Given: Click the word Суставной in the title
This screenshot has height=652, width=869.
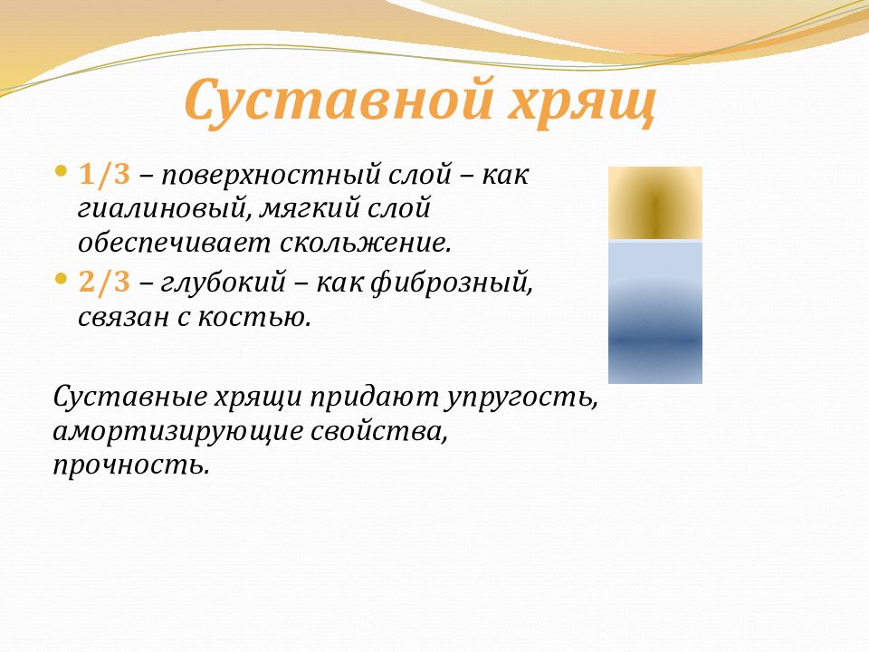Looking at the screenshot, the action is [339, 100].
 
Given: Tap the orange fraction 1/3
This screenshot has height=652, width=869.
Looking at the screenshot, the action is [105, 175].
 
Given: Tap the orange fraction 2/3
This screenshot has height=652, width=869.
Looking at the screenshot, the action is [105, 283].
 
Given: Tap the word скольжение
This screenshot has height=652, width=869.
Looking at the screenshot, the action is [365, 244].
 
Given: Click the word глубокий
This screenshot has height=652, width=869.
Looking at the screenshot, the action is [224, 283].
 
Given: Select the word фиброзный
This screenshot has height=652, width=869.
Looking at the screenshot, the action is [451, 283].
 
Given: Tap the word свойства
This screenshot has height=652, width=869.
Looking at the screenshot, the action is [378, 431].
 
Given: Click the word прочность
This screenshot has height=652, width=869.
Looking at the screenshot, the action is [131, 465].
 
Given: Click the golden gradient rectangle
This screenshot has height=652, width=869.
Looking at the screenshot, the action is [655, 203].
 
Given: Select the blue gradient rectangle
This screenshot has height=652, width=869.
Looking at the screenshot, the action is [655, 312].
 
